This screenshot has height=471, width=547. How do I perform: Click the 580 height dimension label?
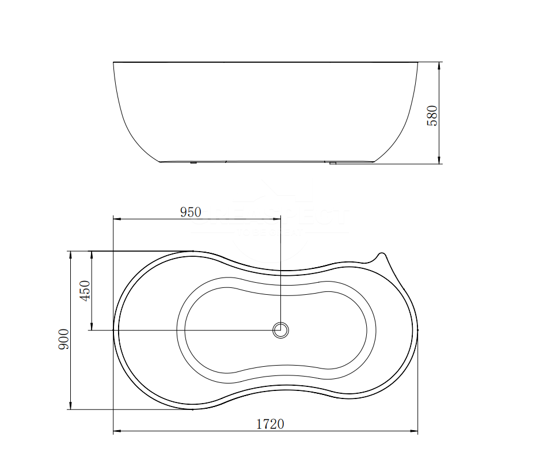pos(432,115)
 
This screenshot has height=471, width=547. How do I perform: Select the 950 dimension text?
pos(191,212)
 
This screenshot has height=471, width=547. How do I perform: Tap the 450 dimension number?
pos(84,291)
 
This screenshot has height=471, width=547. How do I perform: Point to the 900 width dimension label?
pos(63,339)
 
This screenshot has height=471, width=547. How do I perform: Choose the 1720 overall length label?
pos(269,424)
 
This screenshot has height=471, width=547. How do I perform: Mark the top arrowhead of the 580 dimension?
pos(439,65)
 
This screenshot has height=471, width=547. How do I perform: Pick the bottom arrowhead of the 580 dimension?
pos(439,160)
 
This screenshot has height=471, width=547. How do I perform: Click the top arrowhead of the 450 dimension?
pos(90,255)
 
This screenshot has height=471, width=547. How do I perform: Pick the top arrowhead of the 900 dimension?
pos(70,255)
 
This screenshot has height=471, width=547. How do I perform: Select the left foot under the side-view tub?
pos(193,163)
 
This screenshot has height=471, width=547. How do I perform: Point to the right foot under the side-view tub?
pos(332,164)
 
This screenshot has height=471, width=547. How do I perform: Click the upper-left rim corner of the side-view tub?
pos(114,63)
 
